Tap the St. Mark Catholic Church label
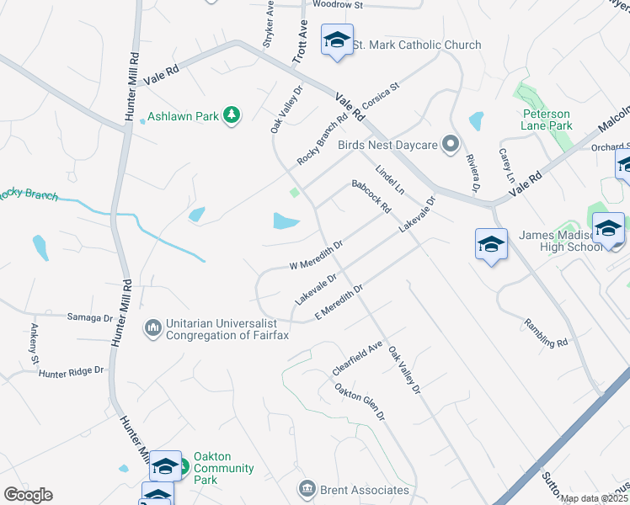[416, 45]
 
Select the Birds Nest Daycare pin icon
[451, 145]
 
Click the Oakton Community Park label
[223, 468]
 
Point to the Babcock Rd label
[371, 196]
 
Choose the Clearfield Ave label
[357, 358]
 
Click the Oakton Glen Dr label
[360, 403]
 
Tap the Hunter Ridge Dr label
[71, 369]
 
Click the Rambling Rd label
[546, 332]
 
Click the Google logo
[28, 495]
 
